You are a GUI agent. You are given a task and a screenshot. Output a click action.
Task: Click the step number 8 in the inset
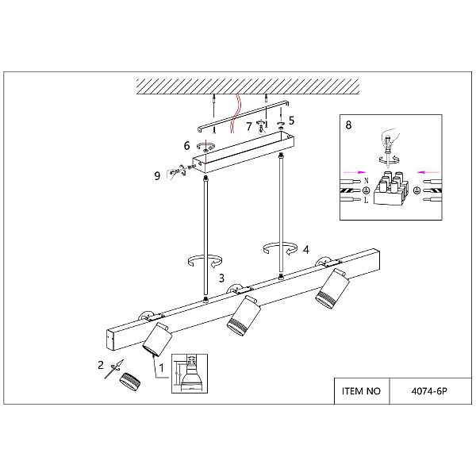pos(348,125)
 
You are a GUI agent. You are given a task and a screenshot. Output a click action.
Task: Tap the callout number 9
pos(157,176)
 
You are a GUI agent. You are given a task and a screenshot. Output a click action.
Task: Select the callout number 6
pos(186,146)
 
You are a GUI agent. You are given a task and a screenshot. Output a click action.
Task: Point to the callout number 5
pos(291,121)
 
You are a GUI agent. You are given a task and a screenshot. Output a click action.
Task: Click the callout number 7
pos(249,126)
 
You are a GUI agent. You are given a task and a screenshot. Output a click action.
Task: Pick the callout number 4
pos(306,250)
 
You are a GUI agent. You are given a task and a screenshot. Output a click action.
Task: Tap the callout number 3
pos(221,278)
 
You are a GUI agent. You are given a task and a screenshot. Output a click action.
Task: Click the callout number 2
pos(101,365)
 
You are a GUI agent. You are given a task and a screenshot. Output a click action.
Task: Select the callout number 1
pos(162,368)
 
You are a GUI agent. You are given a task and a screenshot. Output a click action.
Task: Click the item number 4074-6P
pos(429,391)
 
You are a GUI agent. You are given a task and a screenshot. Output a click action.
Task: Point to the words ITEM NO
pos(361,391)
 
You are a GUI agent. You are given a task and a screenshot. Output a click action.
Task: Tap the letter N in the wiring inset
pos(366,181)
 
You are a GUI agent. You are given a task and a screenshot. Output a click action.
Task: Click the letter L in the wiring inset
pos(366,201)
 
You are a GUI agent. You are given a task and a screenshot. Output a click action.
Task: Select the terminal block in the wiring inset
pos(391,188)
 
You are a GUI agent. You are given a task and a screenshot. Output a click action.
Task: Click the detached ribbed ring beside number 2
pos(130,382)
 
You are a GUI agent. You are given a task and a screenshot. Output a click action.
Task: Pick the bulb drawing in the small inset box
pos(191,376)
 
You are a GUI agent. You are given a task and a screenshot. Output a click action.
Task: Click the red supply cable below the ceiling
pos(236,113)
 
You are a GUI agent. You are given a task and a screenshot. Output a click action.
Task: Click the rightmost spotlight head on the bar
pos(332,289)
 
